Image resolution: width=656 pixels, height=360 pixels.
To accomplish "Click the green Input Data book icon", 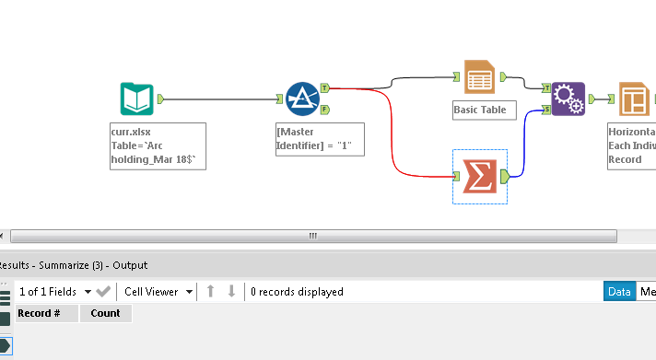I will [x=135, y=99].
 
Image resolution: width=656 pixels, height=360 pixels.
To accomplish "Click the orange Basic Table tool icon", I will [x=479, y=79].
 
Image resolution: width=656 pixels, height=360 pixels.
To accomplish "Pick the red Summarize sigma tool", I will [x=478, y=176].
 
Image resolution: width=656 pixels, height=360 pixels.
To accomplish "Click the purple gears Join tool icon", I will [x=568, y=99].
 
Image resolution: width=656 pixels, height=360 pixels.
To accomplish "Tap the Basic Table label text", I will [x=480, y=110].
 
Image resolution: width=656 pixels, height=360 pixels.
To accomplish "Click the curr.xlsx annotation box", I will [x=153, y=146].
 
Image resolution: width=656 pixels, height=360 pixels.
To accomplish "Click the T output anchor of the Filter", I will [x=325, y=88].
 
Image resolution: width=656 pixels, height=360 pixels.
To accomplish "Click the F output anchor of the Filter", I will [x=325, y=109].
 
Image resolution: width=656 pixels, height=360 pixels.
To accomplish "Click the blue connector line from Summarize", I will [x=526, y=147].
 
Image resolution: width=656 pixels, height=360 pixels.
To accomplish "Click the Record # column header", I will [x=40, y=313].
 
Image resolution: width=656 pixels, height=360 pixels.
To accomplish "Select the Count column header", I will [x=105, y=313].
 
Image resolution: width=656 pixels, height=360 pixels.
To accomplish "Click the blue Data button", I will [x=619, y=291].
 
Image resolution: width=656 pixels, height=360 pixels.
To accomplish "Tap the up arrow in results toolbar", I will [x=211, y=291].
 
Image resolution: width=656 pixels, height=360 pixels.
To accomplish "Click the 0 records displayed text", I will [x=297, y=292].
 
